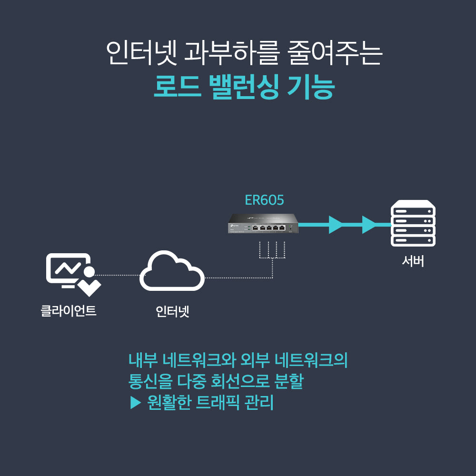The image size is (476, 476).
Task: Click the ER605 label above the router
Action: (x=264, y=200)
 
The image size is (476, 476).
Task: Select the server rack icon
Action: (x=413, y=224)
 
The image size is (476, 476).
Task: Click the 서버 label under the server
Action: (x=413, y=261)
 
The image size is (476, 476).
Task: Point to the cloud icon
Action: (x=172, y=273)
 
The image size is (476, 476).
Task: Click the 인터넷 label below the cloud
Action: (x=172, y=312)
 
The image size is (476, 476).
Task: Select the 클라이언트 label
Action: (x=69, y=311)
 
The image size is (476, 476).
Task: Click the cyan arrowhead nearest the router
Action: (x=336, y=225)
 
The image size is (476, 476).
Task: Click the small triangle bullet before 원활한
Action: (x=136, y=404)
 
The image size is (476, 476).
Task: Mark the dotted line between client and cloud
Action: (x=117, y=275)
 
